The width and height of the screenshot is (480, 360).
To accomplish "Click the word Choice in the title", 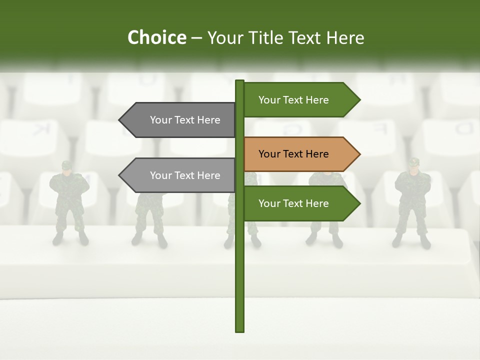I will (156, 38).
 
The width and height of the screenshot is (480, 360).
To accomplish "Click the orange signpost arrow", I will (300, 154).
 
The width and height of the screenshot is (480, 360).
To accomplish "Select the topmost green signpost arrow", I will (300, 100).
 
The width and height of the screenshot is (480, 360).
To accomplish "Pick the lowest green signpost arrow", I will (300, 203).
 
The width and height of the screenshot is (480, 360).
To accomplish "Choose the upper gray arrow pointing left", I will (180, 120).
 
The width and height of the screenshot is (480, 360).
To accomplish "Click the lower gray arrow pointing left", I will (180, 175).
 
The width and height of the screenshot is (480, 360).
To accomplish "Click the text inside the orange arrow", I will (293, 154).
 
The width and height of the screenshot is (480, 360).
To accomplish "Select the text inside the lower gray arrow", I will (185, 175).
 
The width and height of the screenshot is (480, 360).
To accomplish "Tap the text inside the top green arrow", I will (293, 100).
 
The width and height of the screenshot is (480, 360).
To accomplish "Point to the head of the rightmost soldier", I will (413, 165).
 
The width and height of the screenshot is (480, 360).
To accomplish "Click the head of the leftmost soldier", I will (67, 167).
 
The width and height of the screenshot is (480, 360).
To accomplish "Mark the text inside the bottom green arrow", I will (293, 203).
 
